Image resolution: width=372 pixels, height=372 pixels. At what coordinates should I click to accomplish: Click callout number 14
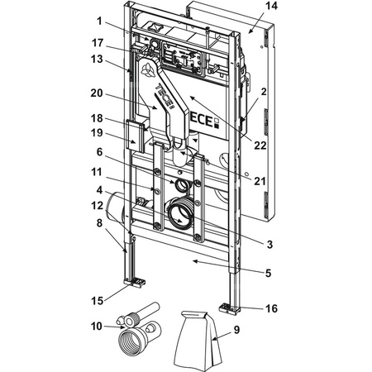click(x=271, y=6)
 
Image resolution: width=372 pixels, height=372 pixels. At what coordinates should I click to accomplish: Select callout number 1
click(x=99, y=21)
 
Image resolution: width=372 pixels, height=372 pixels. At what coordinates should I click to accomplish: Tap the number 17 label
click(x=98, y=43)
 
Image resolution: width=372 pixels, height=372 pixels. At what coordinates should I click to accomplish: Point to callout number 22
click(x=260, y=145)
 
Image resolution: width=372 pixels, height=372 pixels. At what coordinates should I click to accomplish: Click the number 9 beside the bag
click(x=236, y=330)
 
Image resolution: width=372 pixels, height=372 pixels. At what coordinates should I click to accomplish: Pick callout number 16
click(x=271, y=308)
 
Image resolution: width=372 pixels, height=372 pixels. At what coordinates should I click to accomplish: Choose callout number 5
click(x=269, y=273)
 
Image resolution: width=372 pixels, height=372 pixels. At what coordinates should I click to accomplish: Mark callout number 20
click(x=97, y=93)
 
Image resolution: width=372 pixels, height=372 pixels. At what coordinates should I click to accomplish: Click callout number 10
click(x=97, y=327)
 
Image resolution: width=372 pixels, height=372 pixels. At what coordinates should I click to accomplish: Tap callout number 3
click(x=269, y=244)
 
